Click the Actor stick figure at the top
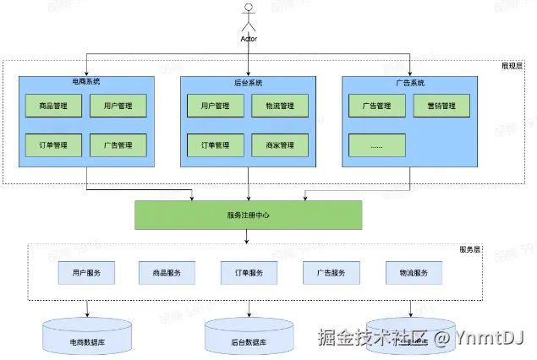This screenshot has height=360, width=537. [248, 19]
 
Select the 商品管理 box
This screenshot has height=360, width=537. [53, 106]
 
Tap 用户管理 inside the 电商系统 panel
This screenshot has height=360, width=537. [118, 106]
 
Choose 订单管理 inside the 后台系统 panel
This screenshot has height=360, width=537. [216, 145]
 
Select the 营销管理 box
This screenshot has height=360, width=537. [441, 106]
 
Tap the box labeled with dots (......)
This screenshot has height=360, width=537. [376, 145]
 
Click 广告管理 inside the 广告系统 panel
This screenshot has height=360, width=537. [376, 106]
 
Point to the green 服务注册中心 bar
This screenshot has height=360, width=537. [248, 215]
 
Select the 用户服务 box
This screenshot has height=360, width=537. [86, 273]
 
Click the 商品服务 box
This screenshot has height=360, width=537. [167, 273]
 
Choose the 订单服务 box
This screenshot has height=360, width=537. [248, 273]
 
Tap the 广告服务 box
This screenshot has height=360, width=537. [330, 273]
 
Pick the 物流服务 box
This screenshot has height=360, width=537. [413, 273]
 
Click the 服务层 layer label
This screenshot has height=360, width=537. [471, 250]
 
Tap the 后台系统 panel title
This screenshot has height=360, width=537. [248, 83]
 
